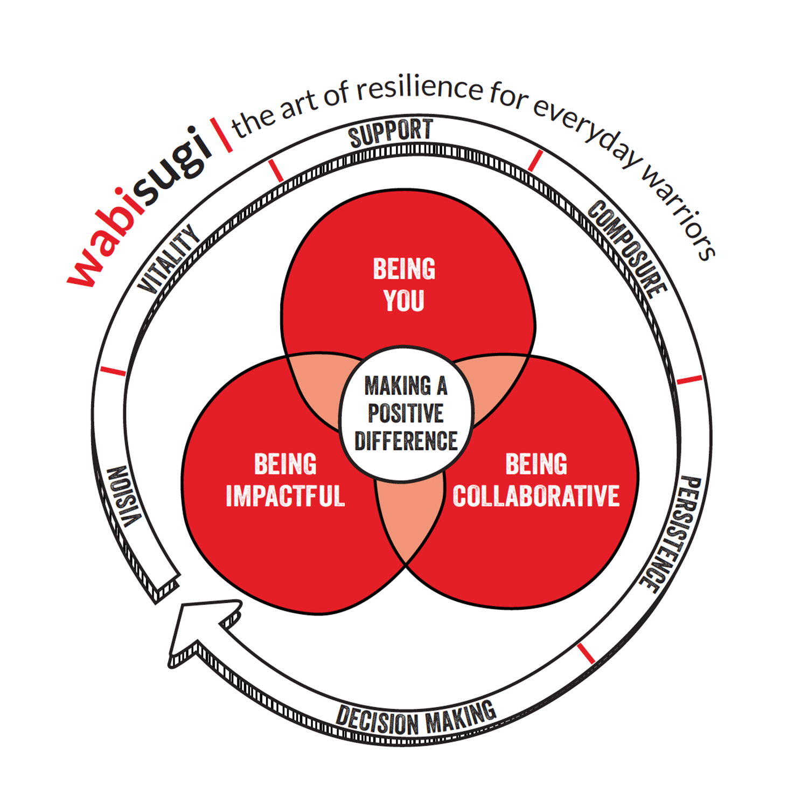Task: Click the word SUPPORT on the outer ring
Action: click(x=391, y=133)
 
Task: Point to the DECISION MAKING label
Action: click(x=416, y=720)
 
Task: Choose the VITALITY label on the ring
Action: click(x=168, y=259)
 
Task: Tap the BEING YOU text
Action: click(x=404, y=284)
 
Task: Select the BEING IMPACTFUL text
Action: click(x=285, y=480)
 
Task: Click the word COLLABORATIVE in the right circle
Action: click(x=536, y=496)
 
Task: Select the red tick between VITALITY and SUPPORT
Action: click(x=276, y=170)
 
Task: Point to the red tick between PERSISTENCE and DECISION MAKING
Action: click(x=586, y=653)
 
